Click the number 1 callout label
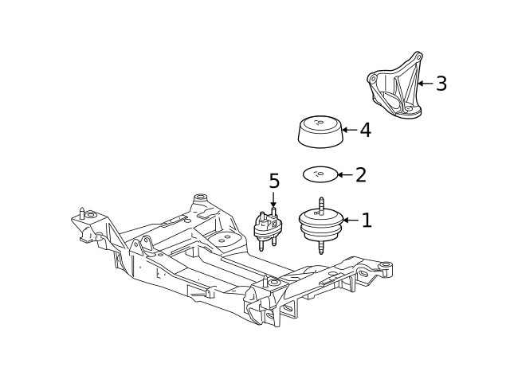point(367,221)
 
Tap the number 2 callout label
point(360,174)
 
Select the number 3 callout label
point(441,84)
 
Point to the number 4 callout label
point(365,130)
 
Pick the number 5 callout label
point(274,182)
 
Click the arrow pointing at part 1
point(349,221)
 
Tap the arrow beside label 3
point(425,83)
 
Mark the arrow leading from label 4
point(349,130)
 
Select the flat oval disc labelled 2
point(320,174)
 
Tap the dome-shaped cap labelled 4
point(320,131)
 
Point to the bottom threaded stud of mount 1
point(320,249)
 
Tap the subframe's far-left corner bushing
point(90,216)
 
